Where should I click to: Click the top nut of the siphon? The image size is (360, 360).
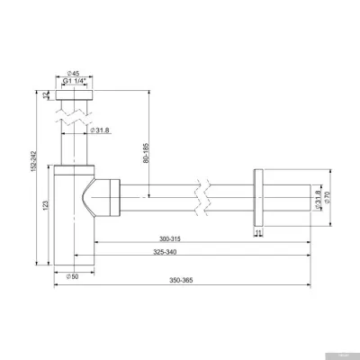tap(75, 93)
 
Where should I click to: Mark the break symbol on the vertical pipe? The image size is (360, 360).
tap(75, 114)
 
